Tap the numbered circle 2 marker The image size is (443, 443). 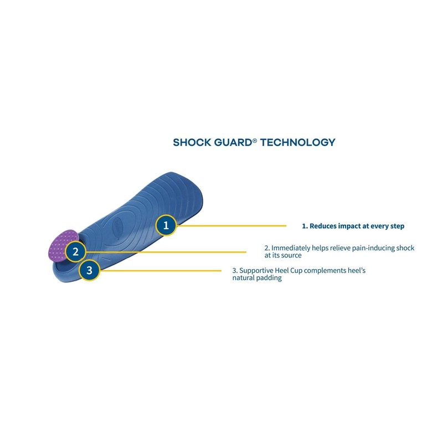pos(75,251)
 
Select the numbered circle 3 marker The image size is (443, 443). pos(89,270)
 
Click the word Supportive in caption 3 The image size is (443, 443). pos(258,270)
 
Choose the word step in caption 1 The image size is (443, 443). pos(396,226)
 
